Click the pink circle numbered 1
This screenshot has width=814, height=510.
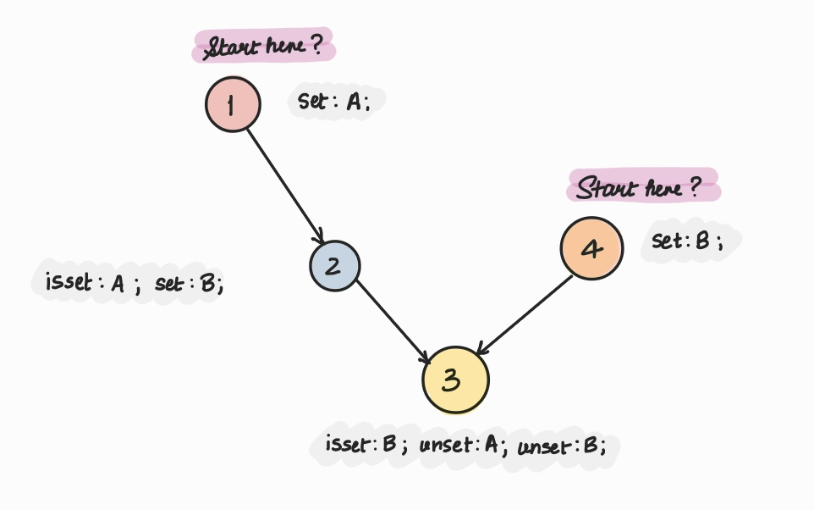(233, 104)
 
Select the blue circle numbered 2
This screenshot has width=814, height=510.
(334, 266)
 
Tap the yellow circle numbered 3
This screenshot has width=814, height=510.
(456, 380)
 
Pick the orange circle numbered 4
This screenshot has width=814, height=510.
(591, 248)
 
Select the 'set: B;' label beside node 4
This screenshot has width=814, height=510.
(689, 241)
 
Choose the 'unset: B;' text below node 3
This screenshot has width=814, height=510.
(562, 446)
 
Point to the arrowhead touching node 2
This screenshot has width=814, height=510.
(319, 238)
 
